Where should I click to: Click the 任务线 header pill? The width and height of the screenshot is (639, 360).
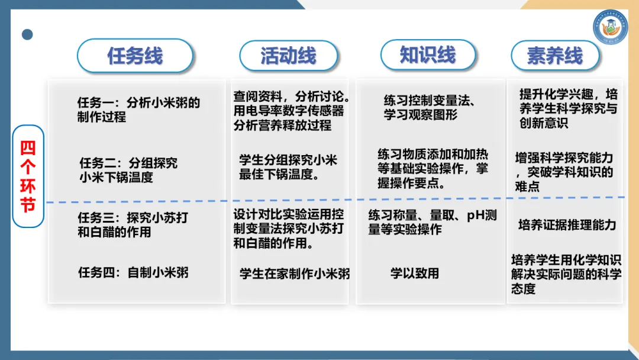(x=135, y=56)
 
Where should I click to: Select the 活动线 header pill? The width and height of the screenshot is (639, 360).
(x=288, y=56)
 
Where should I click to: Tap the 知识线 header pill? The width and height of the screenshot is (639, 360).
(x=428, y=54)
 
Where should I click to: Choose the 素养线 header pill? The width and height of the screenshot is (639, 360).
(x=555, y=56)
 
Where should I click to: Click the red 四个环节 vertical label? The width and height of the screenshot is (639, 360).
(x=28, y=176)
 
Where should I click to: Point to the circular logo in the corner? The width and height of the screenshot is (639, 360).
(x=610, y=27)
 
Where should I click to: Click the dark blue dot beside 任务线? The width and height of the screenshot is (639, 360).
(x=27, y=34)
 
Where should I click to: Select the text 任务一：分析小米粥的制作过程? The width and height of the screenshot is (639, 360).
(x=138, y=110)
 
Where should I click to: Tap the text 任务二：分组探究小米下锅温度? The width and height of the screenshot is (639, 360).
(x=128, y=169)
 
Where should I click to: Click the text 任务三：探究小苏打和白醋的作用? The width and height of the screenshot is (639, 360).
(x=133, y=225)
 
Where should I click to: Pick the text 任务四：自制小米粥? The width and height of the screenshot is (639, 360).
(x=133, y=273)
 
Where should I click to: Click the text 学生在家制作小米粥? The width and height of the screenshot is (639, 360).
(x=295, y=274)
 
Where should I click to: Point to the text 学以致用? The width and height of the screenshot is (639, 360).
(x=415, y=274)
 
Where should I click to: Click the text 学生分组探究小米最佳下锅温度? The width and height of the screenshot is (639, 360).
(x=288, y=168)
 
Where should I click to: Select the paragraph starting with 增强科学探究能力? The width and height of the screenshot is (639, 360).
(x=564, y=172)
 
